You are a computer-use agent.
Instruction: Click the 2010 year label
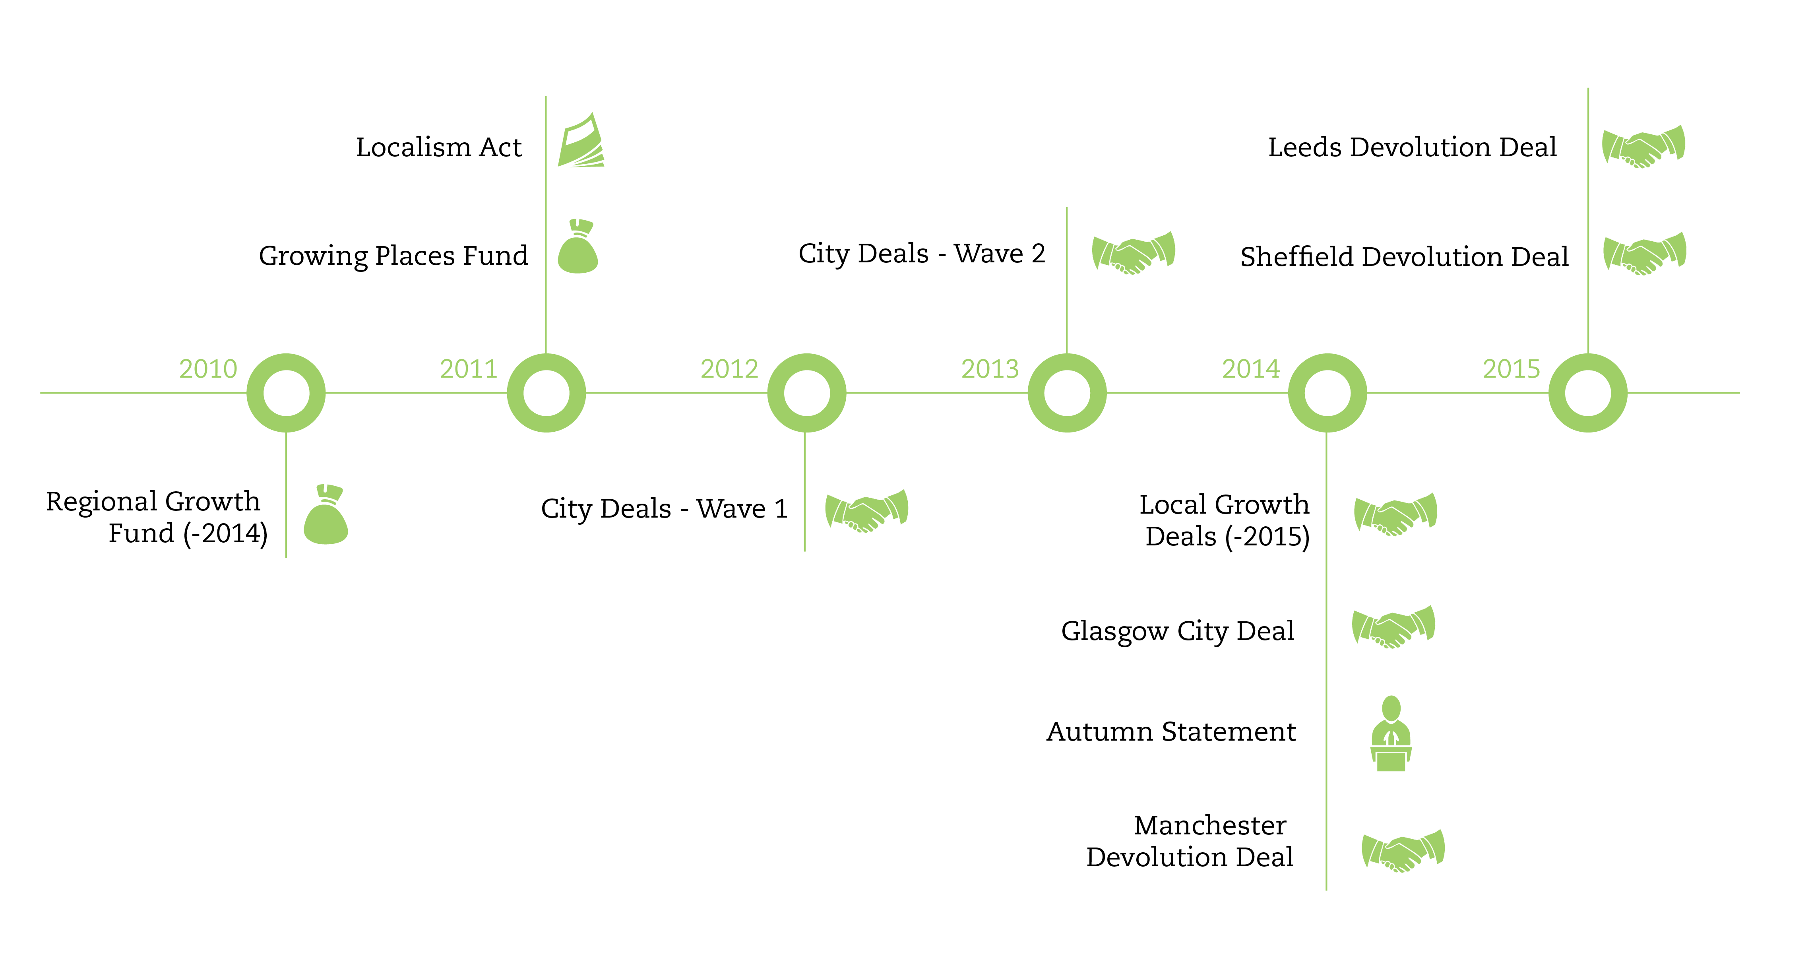(208, 369)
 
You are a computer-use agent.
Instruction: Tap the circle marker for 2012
(807, 393)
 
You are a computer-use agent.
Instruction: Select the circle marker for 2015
(1588, 393)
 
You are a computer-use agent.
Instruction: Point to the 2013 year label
(990, 369)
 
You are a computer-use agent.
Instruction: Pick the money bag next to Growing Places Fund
(577, 247)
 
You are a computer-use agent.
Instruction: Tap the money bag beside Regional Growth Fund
(326, 515)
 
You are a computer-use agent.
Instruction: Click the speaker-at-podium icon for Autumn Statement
(1391, 734)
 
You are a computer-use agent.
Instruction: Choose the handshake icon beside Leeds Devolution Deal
(1643, 146)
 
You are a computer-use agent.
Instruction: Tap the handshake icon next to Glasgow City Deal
(1393, 627)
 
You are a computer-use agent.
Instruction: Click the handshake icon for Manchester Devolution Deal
(1403, 851)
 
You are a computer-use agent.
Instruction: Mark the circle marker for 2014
(1327, 393)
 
